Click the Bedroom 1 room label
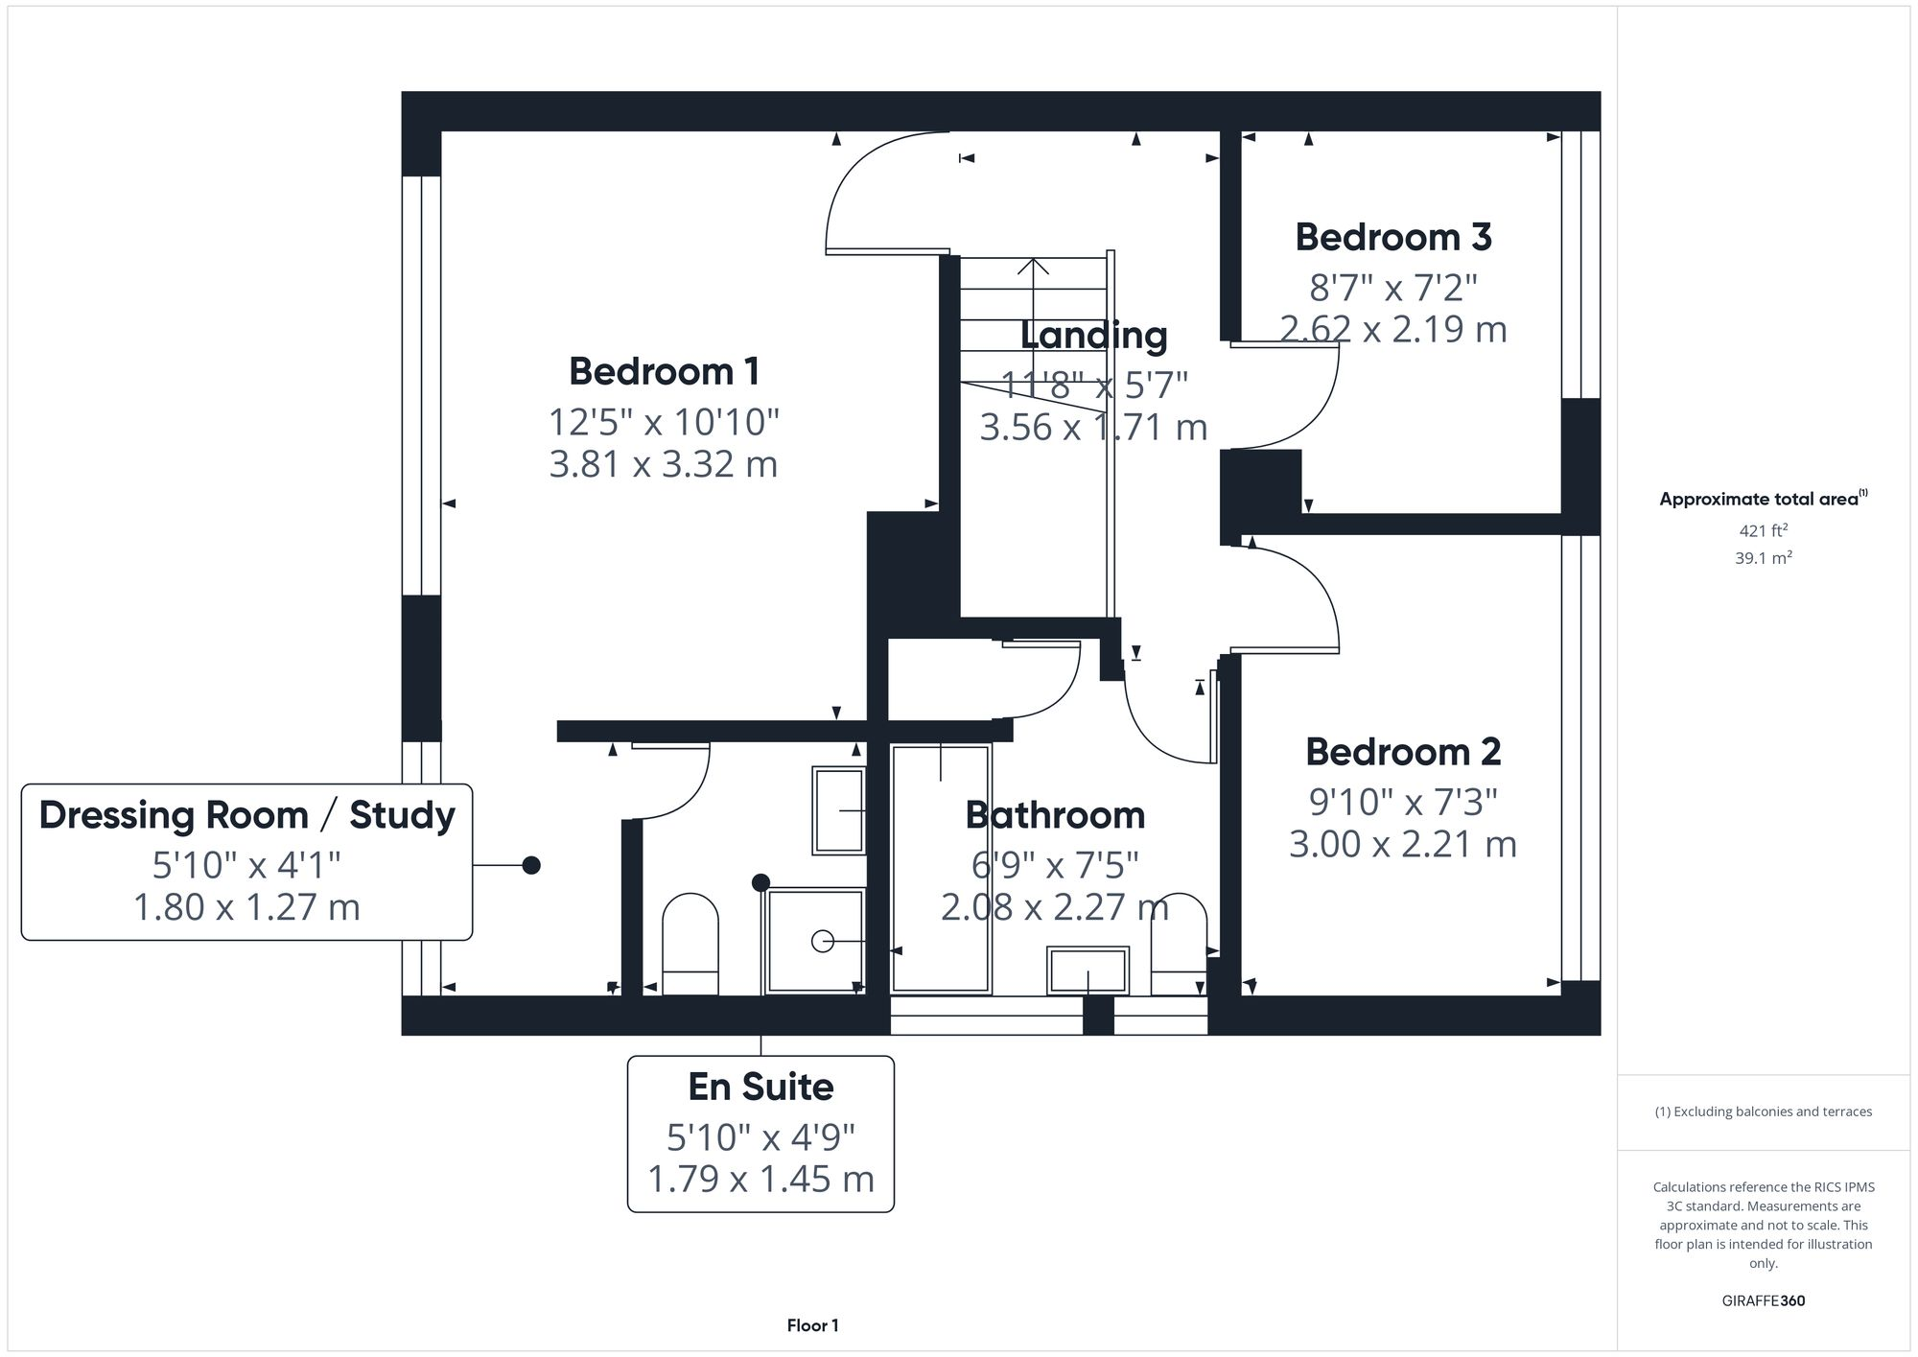664,372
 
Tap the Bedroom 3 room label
1392,238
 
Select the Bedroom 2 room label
1402,753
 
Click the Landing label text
1093,336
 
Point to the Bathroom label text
1055,816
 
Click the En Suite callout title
760,1088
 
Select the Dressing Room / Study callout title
246,815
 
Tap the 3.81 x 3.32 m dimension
663,465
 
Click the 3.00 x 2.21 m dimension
1402,845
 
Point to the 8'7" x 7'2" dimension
1392,287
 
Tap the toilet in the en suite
690,944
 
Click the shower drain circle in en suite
822,942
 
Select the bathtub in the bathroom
940,868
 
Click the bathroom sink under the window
1088,971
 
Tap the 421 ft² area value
1763,530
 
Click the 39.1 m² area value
1763,558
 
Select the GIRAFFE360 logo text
1763,1301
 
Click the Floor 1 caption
812,1326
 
